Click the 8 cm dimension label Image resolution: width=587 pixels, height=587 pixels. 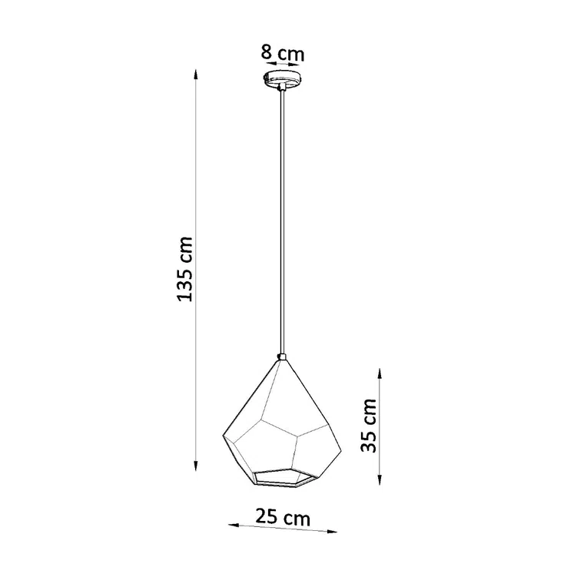coord(282,53)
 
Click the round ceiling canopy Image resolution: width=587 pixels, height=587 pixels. coord(282,79)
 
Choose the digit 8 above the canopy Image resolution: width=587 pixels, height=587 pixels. coord(267,53)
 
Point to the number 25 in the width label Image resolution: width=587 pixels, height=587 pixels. coord(265,517)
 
